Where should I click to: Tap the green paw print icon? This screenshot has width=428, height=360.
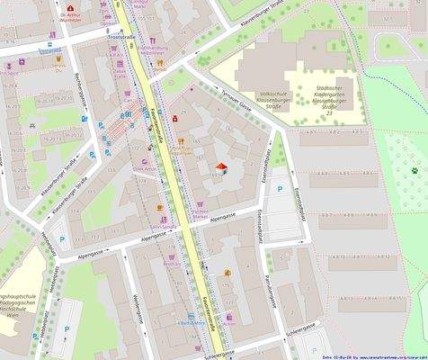coord(415,168)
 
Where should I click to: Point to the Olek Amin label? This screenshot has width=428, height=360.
coord(144,167)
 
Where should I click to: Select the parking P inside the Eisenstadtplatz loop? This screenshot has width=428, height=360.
coord(281,190)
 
